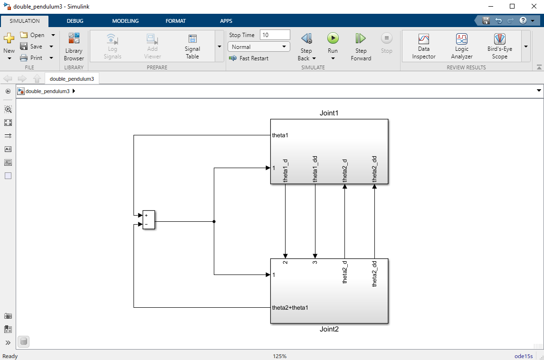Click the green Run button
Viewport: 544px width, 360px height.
click(x=333, y=38)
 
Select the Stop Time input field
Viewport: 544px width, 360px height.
click(x=275, y=35)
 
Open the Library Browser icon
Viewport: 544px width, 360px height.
click(x=74, y=38)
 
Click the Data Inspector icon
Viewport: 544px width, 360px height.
click(x=424, y=39)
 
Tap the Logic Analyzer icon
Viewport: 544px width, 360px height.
click(x=462, y=39)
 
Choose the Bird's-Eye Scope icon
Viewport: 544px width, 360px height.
click(x=500, y=39)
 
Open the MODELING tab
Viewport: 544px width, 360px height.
click(x=125, y=21)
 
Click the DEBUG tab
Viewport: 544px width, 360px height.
click(x=75, y=21)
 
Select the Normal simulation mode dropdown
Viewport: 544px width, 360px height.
click(x=259, y=47)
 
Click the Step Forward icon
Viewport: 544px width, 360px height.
click(x=361, y=38)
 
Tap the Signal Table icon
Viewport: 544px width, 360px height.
click(x=192, y=38)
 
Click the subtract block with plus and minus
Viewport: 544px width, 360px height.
click(x=149, y=220)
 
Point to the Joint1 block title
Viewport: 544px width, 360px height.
click(x=329, y=113)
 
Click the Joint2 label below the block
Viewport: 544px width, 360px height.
click(x=329, y=329)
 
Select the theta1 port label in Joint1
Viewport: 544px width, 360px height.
click(x=280, y=135)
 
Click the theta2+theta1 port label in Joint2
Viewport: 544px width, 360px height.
click(x=290, y=308)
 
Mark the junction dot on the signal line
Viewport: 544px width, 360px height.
click(x=214, y=222)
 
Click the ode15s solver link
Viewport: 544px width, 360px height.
click(x=524, y=356)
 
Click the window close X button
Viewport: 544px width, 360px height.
click(x=534, y=6)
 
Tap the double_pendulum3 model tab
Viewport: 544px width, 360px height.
click(x=72, y=79)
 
